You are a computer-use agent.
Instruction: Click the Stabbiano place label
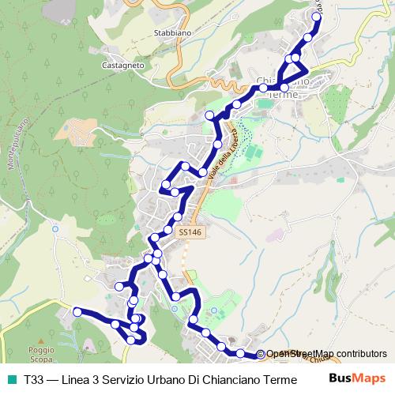(x=169, y=34)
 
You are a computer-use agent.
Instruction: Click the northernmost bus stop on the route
(x=318, y=16)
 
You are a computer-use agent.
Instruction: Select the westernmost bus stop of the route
(x=77, y=312)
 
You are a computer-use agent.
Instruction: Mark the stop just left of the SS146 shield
(x=167, y=230)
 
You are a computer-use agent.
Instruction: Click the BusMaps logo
(x=358, y=378)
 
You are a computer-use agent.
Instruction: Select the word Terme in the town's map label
(x=282, y=94)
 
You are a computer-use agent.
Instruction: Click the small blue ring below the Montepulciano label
(x=55, y=229)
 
